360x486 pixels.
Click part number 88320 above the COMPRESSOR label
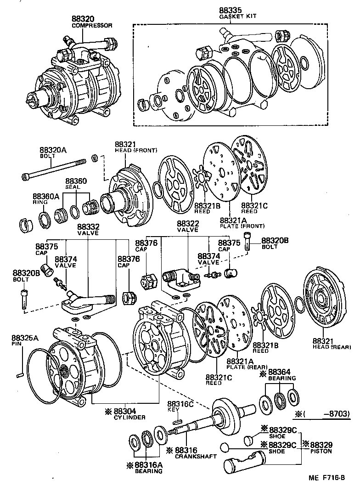tap(84, 19)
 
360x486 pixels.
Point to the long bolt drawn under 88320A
tap(54, 170)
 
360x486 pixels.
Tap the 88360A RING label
tap(46, 198)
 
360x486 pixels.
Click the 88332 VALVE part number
tap(88, 227)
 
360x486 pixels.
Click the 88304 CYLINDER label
tap(129, 414)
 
